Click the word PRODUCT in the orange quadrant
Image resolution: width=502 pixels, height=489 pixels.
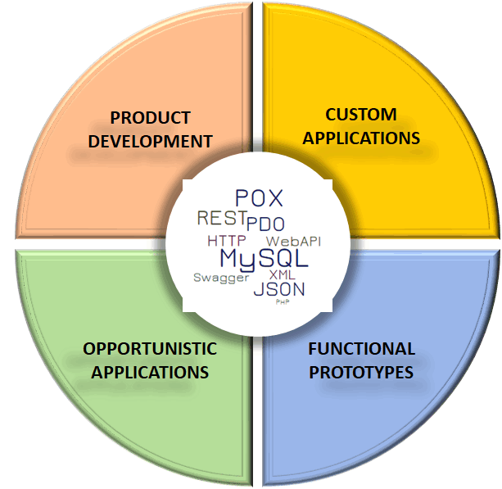click(150, 117)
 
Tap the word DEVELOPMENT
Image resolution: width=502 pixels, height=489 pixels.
click(150, 141)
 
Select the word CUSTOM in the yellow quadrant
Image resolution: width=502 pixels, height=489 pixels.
click(360, 114)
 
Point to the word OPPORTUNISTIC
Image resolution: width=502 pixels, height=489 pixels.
click(150, 349)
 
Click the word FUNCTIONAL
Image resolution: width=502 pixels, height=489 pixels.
click(361, 349)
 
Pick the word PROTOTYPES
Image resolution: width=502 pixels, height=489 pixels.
click(361, 372)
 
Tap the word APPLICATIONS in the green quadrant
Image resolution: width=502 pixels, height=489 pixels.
click(150, 372)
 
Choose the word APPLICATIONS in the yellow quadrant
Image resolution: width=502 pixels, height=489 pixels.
click(360, 137)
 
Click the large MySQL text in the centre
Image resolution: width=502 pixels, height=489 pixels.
click(264, 259)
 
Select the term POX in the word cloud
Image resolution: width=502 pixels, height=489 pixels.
click(259, 198)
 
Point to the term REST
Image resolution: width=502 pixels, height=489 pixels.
click(221, 218)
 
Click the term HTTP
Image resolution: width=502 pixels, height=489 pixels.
click(226, 242)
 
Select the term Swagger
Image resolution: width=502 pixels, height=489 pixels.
click(220, 278)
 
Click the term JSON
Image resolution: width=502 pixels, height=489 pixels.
click(278, 289)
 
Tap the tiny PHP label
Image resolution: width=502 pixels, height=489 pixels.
click(283, 302)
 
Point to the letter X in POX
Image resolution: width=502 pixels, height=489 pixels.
click(274, 198)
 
